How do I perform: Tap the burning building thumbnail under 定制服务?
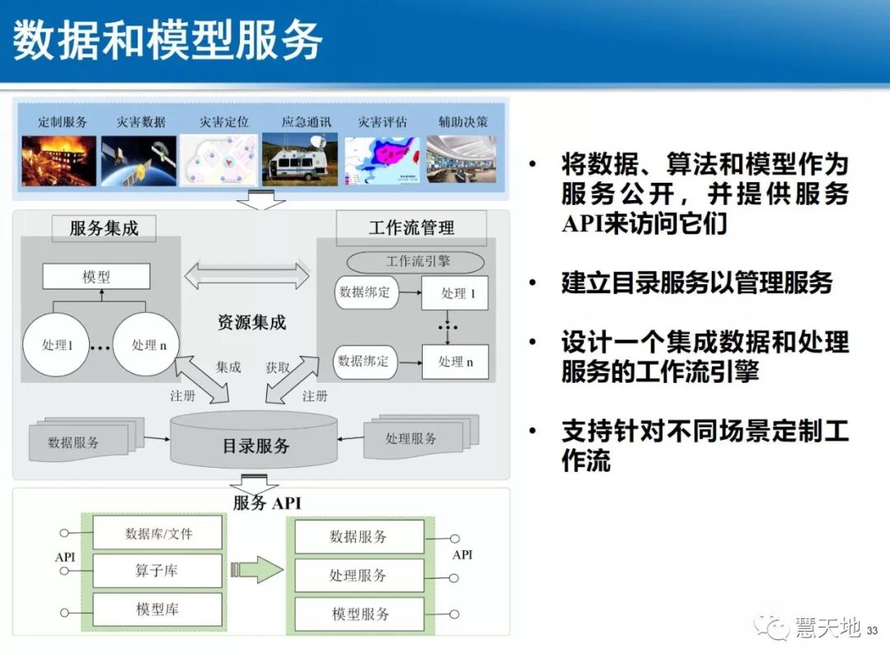coord(59,161)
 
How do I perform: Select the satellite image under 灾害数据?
coord(138,161)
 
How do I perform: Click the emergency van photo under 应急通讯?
coord(300,161)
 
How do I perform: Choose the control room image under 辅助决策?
coord(461,161)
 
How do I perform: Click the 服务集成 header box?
coord(104,228)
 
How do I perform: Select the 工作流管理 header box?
coord(411,227)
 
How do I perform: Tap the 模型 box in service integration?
coord(96,277)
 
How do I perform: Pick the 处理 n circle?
coord(144,345)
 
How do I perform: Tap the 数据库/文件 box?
coord(158,533)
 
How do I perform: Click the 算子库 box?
coord(158,571)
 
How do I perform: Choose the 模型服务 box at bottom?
coord(359,614)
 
